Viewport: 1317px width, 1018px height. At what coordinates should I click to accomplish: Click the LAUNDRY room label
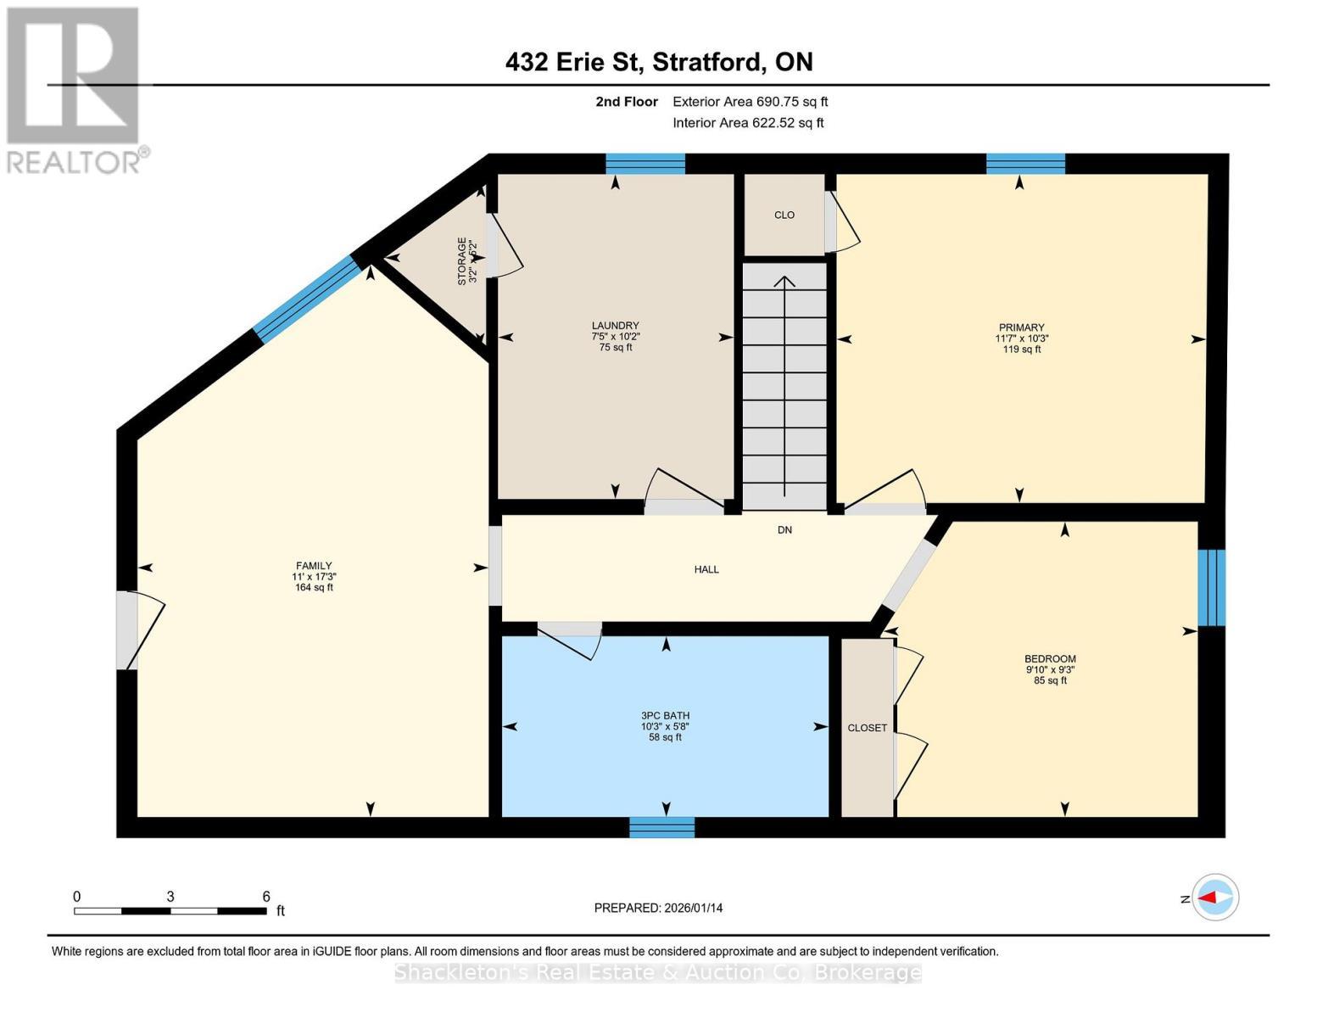coord(615,326)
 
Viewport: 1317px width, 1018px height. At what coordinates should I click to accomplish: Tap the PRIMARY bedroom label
coord(1021,327)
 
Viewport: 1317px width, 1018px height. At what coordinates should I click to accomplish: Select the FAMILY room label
coord(313,566)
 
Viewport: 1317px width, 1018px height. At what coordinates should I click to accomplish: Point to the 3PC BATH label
coord(665,716)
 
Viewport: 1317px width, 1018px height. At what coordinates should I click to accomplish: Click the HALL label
coord(706,569)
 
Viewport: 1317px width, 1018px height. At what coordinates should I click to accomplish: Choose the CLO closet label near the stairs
coord(784,215)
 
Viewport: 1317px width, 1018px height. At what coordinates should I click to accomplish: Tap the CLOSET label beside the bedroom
coord(867,728)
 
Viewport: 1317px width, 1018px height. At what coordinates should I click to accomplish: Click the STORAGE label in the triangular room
coord(462,260)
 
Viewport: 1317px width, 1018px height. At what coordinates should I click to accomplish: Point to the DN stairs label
coord(784,530)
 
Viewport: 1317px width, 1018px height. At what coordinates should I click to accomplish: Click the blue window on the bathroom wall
coord(661,827)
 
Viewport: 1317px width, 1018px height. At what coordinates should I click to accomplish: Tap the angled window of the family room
coord(308,299)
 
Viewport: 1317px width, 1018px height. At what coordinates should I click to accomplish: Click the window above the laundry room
coord(645,164)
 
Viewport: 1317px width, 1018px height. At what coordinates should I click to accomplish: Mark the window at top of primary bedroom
coord(1025,164)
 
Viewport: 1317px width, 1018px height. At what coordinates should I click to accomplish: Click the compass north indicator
coord(1215,898)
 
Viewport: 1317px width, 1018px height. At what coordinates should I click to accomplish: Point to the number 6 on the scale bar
coord(266,897)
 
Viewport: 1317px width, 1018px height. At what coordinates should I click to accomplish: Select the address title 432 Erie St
coord(658,62)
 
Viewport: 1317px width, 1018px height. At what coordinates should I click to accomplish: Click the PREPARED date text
coord(658,908)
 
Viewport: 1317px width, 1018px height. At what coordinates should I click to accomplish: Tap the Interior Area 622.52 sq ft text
coord(748,123)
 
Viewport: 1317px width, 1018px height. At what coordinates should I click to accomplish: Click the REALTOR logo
coord(75,89)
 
